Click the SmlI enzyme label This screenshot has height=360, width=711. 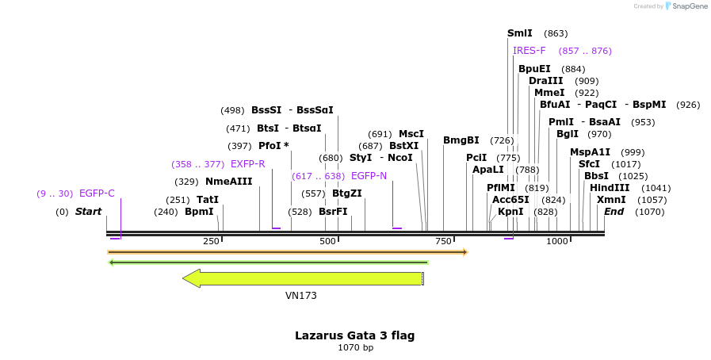pos(520,33)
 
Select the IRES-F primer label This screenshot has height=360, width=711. pos(529,51)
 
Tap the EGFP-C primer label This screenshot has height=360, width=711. pos(97,193)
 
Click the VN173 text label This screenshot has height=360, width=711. pos(301,296)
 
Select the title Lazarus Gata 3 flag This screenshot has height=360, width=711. pos(354,335)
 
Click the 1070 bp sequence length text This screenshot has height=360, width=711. pos(354,348)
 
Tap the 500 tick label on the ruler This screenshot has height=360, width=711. pos(327,241)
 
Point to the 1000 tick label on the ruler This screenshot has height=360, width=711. pos(557,241)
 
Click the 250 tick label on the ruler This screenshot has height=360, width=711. pos(211,241)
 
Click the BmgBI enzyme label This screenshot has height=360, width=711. pos(461,140)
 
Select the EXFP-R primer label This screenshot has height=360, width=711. pos(247,164)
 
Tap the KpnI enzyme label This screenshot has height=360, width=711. pos(510,212)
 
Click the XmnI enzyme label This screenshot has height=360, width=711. pos(611,200)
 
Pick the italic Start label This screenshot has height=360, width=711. pos(89,212)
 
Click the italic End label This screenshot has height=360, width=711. pos(614,212)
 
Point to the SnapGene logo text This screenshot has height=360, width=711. pos(688,6)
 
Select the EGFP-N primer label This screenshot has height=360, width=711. pos(369,176)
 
